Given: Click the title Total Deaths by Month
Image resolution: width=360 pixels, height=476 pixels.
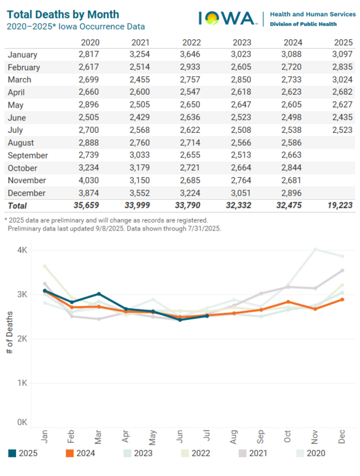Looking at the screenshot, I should click(63, 14).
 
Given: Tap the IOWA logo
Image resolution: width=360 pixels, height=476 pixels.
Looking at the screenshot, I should click(227, 18).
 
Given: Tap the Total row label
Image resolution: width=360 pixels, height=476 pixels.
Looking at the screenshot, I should click(18, 205).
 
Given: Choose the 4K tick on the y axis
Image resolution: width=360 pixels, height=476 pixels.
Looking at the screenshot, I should click(22, 250).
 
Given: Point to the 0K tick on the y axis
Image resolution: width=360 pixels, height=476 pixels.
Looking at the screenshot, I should click(22, 422).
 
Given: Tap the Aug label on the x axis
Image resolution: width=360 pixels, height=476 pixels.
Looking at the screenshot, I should click(234, 437).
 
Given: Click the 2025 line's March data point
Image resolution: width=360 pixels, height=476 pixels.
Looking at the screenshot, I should click(98, 294).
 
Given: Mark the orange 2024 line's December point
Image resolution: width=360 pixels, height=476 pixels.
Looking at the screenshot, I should click(342, 299).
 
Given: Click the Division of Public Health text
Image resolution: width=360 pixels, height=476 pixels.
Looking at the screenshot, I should click(302, 24).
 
